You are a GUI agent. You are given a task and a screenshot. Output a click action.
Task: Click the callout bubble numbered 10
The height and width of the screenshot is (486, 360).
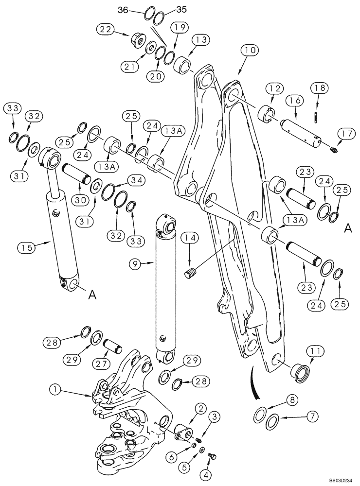[x=252, y=50]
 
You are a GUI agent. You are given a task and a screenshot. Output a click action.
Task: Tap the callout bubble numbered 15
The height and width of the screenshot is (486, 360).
[x=28, y=247]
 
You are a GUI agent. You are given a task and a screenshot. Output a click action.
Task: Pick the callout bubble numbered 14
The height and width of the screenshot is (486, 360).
[x=190, y=237]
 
